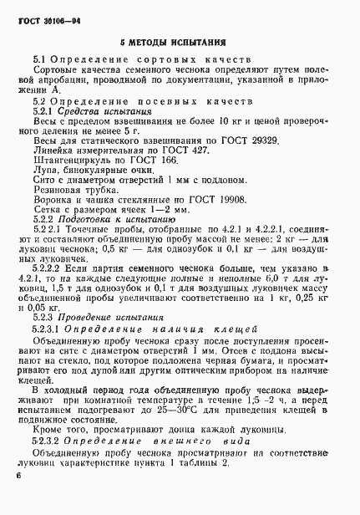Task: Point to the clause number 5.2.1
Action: click(43, 110)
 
